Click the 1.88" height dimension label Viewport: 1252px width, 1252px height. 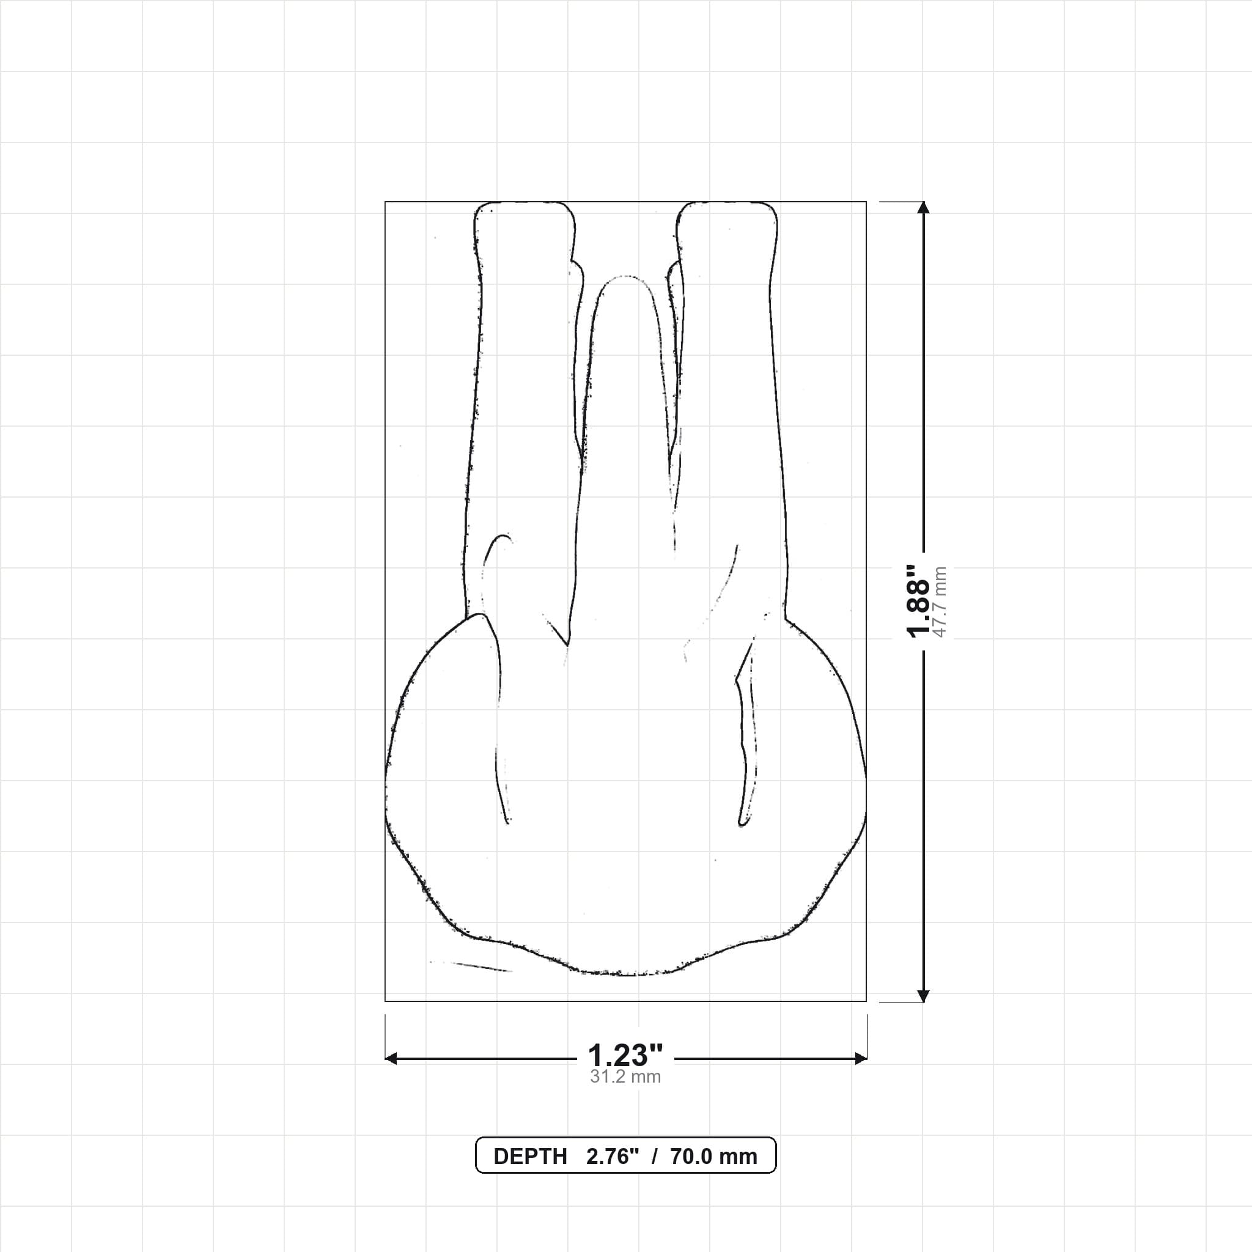[x=919, y=601]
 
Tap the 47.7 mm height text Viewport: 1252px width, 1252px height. [x=940, y=602]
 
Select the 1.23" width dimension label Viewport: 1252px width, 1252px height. [x=625, y=1056]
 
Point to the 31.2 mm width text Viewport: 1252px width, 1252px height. [x=625, y=1077]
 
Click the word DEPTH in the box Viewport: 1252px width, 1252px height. [x=530, y=1157]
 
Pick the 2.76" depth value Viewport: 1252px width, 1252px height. [x=613, y=1157]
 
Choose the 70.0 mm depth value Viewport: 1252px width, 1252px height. [x=713, y=1157]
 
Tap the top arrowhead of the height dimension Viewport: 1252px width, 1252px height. [x=924, y=207]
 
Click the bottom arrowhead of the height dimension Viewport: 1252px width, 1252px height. [x=924, y=996]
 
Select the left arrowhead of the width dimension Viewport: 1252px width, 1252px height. [x=391, y=1059]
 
